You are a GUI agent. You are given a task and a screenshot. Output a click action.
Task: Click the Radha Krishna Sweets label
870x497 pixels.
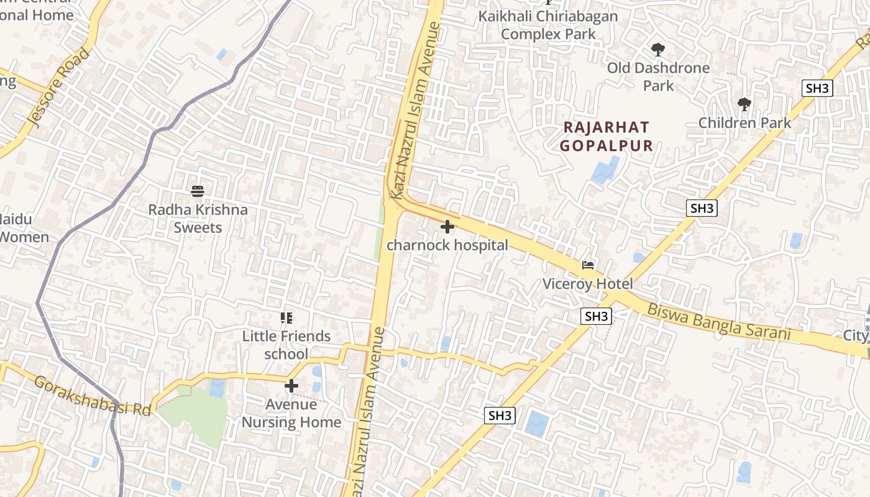(198, 219)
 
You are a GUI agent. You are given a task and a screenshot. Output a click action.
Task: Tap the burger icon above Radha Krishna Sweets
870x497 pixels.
(198, 191)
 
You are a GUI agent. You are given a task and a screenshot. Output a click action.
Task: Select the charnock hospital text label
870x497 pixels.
(447, 245)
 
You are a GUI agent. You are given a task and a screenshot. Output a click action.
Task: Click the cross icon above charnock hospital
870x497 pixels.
(447, 227)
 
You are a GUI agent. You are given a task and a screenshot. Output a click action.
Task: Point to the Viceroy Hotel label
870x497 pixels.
(588, 284)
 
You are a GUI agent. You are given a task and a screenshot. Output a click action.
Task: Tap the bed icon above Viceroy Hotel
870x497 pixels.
(588, 265)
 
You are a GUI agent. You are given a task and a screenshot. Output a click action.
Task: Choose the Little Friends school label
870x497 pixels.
(286, 345)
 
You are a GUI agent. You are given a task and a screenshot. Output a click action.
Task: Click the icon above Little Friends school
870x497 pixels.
(286, 318)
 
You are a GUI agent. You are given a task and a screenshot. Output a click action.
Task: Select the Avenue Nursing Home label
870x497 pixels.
(291, 413)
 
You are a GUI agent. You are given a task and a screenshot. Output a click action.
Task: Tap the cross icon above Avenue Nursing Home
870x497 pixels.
(291, 386)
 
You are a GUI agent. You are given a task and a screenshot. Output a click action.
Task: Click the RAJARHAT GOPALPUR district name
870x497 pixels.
(607, 137)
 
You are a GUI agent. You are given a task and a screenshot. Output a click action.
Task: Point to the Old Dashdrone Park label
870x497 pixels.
(658, 76)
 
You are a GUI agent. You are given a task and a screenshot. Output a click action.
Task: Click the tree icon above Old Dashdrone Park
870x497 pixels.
(657, 50)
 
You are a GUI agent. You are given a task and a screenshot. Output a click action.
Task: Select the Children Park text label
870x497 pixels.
(744, 122)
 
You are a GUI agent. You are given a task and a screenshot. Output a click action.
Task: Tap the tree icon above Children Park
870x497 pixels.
(744, 104)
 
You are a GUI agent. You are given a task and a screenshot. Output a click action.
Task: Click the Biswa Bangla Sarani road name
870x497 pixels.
(719, 322)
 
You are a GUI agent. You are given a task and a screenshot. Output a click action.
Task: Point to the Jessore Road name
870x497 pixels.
(59, 88)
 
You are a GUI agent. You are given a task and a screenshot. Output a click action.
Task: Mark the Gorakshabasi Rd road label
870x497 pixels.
(93, 395)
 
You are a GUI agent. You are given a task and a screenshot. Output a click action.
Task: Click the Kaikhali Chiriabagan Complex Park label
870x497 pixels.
(548, 25)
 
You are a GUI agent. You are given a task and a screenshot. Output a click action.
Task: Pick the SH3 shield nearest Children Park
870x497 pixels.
(817, 88)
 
